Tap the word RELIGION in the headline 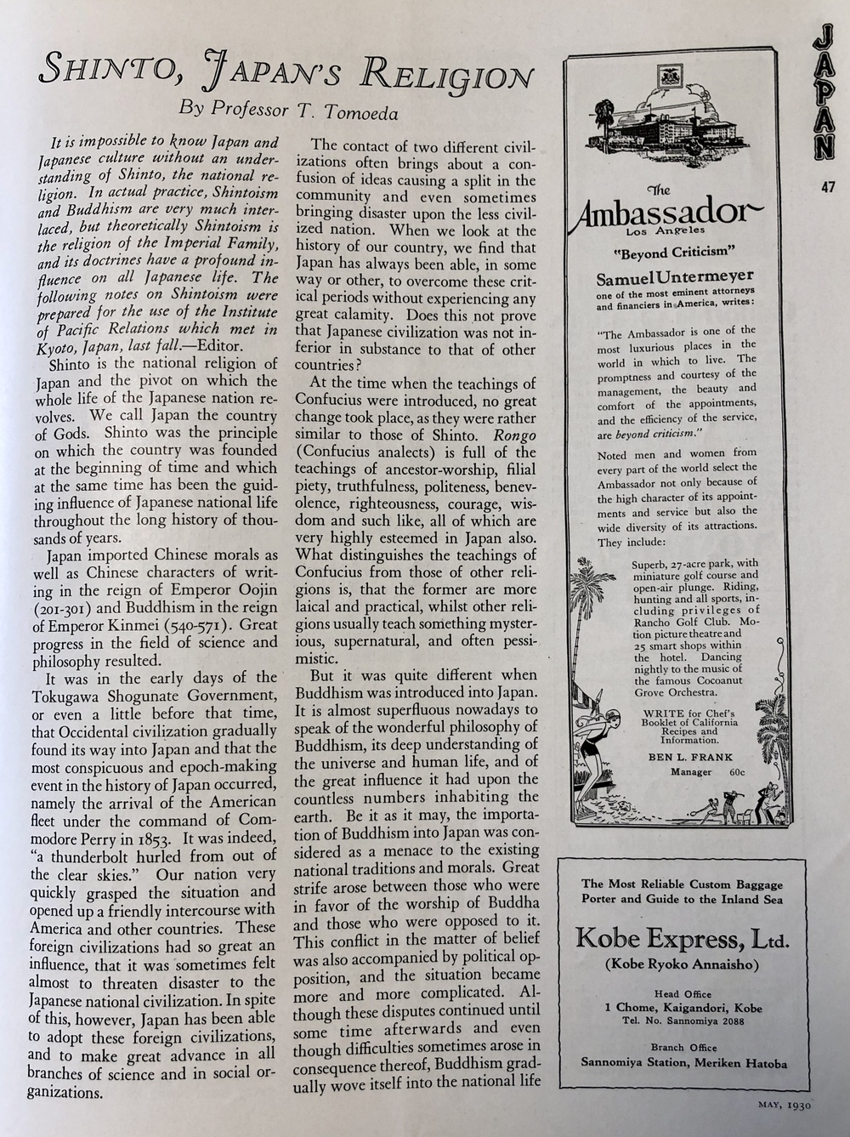click(x=448, y=74)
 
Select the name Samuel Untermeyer click(x=670, y=278)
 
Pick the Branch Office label click(x=683, y=1048)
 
